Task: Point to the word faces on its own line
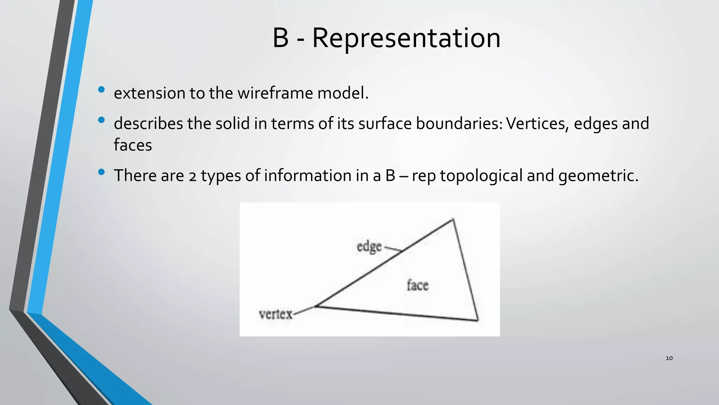pos(133,145)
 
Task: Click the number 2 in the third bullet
pos(192,176)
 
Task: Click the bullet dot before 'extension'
pos(101,90)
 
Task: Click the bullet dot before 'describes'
pos(101,120)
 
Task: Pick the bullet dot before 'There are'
pos(101,172)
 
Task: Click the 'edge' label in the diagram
pos(369,247)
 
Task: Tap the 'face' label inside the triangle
pos(417,285)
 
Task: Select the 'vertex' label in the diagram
pos(276,314)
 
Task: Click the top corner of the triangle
pos(453,219)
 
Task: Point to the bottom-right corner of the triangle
pos(477,320)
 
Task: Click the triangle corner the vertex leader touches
pos(316,306)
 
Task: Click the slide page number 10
pos(669,358)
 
